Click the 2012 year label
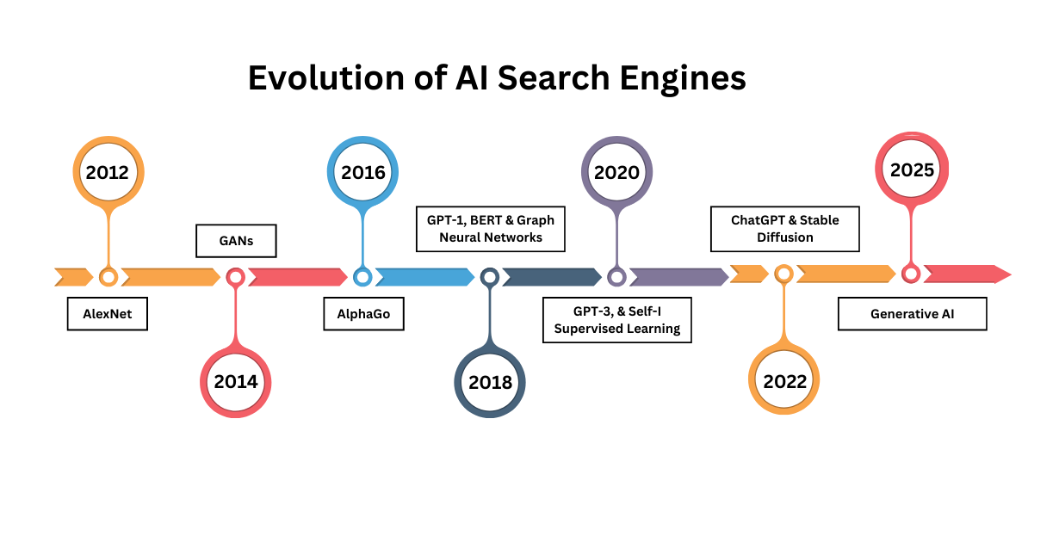pyautogui.click(x=108, y=172)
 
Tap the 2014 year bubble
pyautogui.click(x=235, y=382)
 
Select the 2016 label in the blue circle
pyautogui.click(x=362, y=172)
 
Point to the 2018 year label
pyautogui.click(x=490, y=383)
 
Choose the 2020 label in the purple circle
pyautogui.click(x=616, y=172)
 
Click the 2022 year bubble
pyautogui.click(x=784, y=381)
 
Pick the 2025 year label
pyautogui.click(x=912, y=169)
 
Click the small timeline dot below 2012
pyautogui.click(x=108, y=277)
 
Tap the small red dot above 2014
pyautogui.click(x=235, y=277)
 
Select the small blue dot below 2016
pyautogui.click(x=362, y=277)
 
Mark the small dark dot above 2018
pyautogui.click(x=490, y=277)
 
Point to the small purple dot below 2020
pyautogui.click(x=616, y=277)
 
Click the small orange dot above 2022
pyautogui.click(x=783, y=274)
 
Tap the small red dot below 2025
pyautogui.click(x=911, y=274)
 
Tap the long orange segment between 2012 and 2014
pyautogui.click(x=170, y=277)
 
